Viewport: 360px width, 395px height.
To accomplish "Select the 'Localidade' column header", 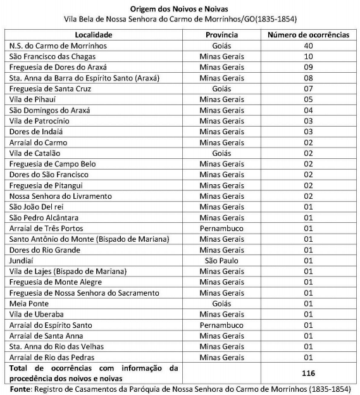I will (93, 35).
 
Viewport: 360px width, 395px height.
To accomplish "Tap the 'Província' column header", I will (222, 35).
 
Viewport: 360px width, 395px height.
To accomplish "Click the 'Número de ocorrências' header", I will (308, 35).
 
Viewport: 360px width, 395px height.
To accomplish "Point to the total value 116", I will (308, 373).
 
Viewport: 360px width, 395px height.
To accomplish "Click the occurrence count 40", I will (308, 46).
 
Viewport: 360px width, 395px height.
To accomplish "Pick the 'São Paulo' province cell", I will (222, 260).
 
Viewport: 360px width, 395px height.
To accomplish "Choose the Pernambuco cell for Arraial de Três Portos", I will (222, 228).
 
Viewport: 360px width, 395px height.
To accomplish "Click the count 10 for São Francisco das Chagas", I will (308, 56).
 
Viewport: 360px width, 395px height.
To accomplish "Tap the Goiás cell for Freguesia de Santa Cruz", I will (222, 89).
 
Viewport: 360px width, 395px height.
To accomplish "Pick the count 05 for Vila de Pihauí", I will (308, 99).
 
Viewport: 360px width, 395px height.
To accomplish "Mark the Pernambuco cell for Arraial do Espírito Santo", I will (222, 325).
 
